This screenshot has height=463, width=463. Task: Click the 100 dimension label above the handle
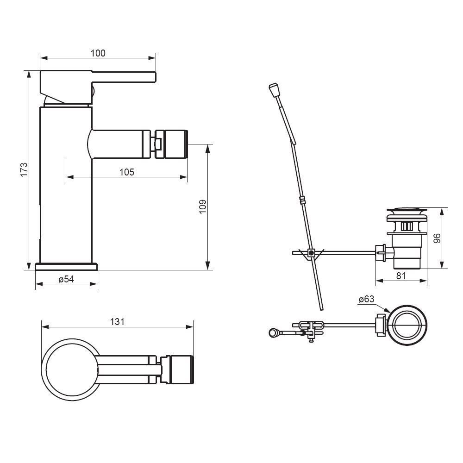tap(98, 53)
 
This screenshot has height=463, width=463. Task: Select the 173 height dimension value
tap(24, 169)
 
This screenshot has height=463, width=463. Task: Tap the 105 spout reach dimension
tap(127, 172)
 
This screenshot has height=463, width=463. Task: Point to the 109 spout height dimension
tap(202, 206)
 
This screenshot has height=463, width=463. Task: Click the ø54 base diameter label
tap(66, 279)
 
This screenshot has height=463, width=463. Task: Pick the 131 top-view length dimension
tap(117, 322)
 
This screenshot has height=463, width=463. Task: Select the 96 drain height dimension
tap(437, 238)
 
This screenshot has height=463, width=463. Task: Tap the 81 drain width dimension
tap(400, 275)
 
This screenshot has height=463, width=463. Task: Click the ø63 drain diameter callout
tap(366, 299)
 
